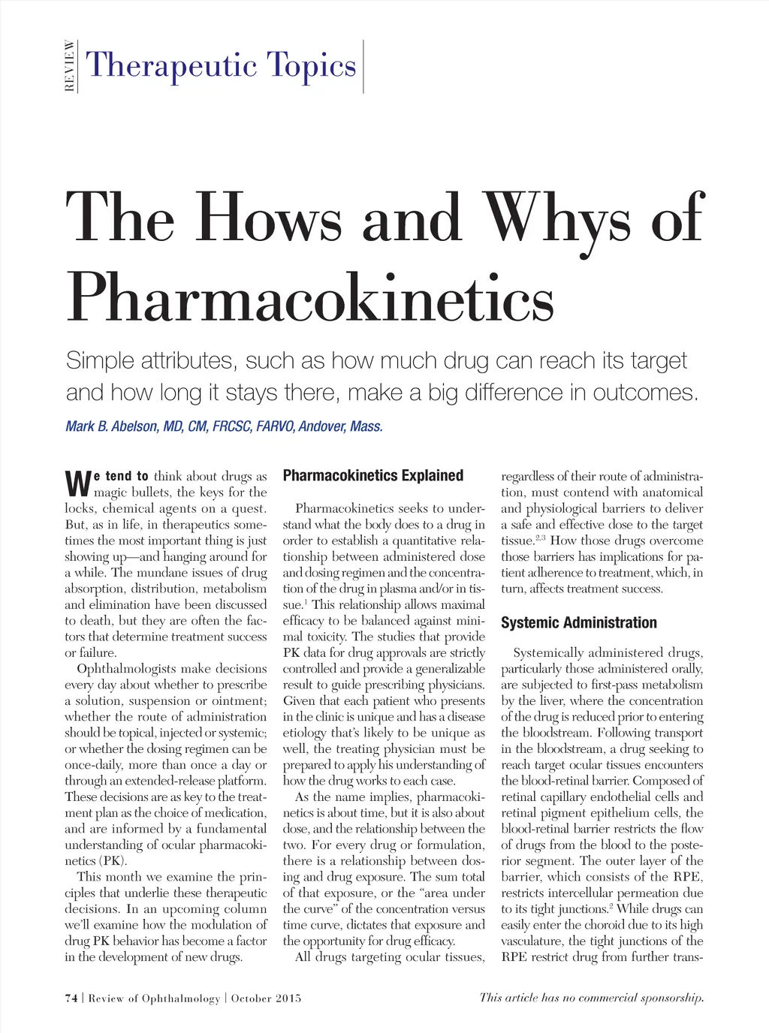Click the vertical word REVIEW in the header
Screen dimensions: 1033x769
click(70, 65)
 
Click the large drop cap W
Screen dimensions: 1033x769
click(78, 484)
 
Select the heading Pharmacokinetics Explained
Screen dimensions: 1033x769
click(373, 475)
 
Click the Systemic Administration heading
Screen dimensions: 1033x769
click(579, 622)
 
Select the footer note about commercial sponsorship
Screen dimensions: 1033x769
click(592, 998)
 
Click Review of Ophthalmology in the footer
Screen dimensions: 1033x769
click(155, 998)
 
